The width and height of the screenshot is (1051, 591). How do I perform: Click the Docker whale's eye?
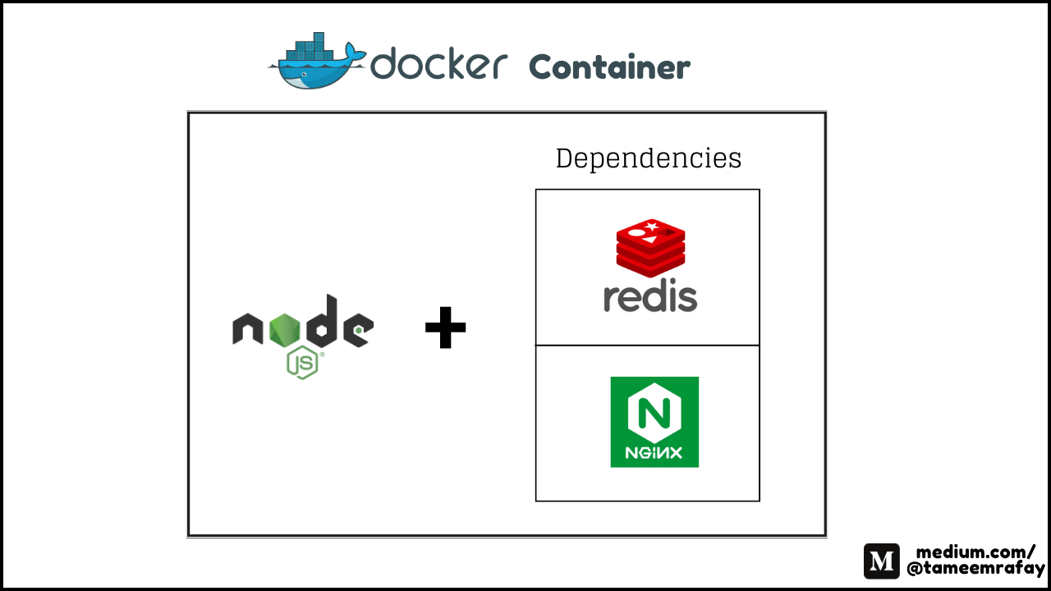304,75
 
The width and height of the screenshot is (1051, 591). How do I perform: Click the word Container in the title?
609,67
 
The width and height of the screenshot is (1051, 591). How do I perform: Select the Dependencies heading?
649,158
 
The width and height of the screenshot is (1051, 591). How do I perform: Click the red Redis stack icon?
650,248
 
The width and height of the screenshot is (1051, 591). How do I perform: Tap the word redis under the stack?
650,295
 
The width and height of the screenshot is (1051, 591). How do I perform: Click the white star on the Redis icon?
651,227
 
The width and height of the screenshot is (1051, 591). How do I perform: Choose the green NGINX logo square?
654,422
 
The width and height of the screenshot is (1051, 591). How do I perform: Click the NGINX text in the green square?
654,452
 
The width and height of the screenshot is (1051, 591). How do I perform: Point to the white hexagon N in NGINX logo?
654,412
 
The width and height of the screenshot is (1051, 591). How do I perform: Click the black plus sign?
445,328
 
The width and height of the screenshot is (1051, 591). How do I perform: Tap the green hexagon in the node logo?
284,330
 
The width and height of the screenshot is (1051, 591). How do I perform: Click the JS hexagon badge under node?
303,362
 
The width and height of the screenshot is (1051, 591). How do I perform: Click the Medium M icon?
882,561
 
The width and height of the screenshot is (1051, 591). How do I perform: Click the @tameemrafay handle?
976,569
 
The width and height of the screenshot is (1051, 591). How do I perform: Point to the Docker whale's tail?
356,52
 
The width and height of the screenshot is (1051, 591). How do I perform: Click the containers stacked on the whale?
310,47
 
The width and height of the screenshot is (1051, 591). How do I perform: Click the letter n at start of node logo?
247,328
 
